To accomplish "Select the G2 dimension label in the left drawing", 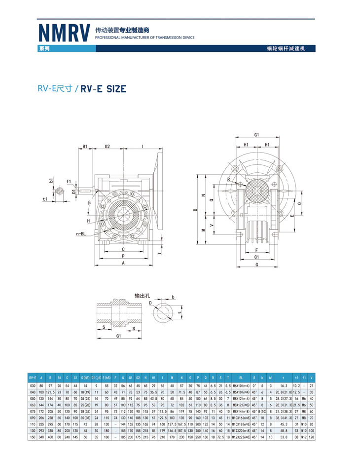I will click(x=107, y=147).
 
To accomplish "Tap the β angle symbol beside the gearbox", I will click(x=90, y=203).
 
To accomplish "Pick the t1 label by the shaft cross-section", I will click(x=45, y=199).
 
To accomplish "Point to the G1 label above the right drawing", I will click(x=257, y=134).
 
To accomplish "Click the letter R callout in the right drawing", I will click(x=229, y=179).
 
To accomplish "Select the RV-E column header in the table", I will click(x=33, y=378).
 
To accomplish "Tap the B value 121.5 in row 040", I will click(x=50, y=391).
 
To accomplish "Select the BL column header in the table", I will click(x=241, y=378).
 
